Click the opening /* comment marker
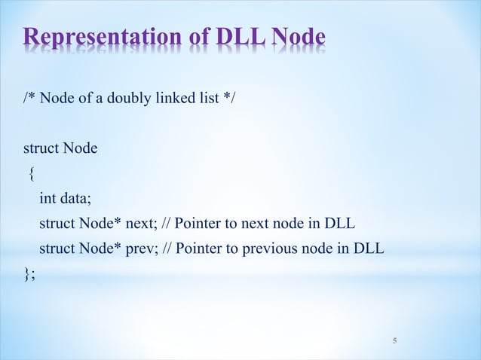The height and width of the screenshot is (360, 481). [29, 102]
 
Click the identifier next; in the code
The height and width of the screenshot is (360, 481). [143, 224]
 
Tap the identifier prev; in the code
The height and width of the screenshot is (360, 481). [144, 249]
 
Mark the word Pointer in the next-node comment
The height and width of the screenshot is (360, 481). [198, 224]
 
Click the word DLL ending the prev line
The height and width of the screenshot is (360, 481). [369, 249]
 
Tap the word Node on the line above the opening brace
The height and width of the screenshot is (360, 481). [80, 148]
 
